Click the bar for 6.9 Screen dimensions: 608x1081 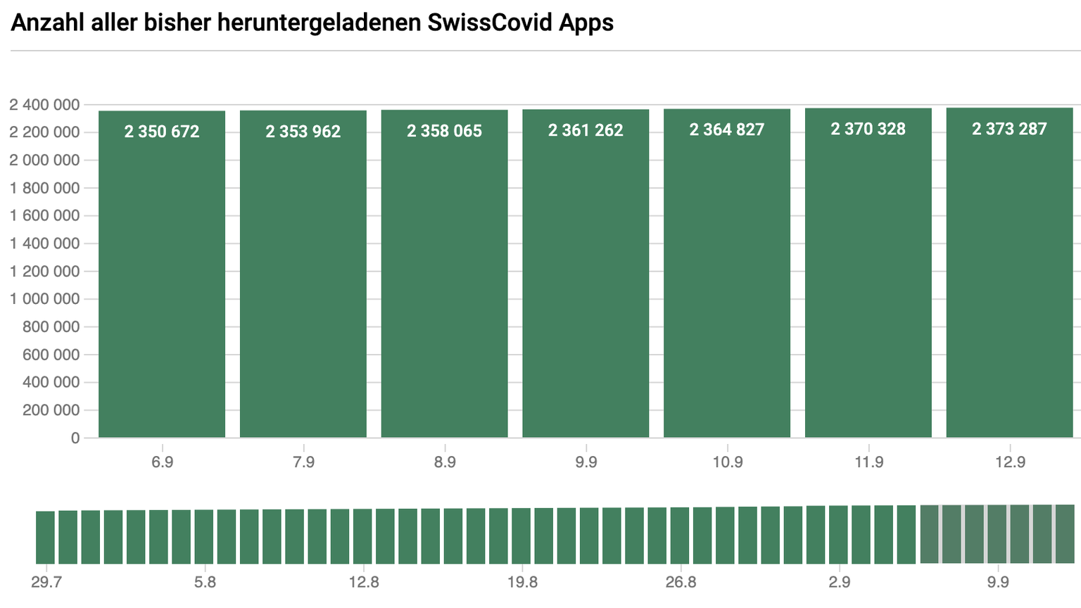[x=162, y=281]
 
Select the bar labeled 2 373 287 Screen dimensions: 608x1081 [x=1009, y=281]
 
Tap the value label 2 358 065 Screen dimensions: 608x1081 [x=444, y=131]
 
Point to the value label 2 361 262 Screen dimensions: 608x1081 [x=586, y=130]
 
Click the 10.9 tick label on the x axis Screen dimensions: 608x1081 [x=727, y=462]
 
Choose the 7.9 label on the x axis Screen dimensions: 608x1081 [x=303, y=462]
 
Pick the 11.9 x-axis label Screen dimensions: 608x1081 [x=868, y=462]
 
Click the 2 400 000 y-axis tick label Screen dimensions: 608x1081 [x=44, y=105]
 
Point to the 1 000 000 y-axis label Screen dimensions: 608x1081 [x=44, y=299]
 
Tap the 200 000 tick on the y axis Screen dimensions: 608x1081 [x=51, y=410]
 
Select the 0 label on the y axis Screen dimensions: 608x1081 [x=75, y=438]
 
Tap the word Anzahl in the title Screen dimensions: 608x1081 [x=48, y=23]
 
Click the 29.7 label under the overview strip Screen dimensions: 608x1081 [x=46, y=583]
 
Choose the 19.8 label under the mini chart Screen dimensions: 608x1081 [x=522, y=583]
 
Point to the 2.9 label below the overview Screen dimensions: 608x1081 [x=839, y=583]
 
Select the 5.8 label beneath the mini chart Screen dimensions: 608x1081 [x=205, y=583]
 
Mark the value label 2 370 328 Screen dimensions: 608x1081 [x=868, y=129]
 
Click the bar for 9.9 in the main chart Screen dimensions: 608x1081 [x=586, y=281]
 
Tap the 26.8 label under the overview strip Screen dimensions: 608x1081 [x=681, y=583]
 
